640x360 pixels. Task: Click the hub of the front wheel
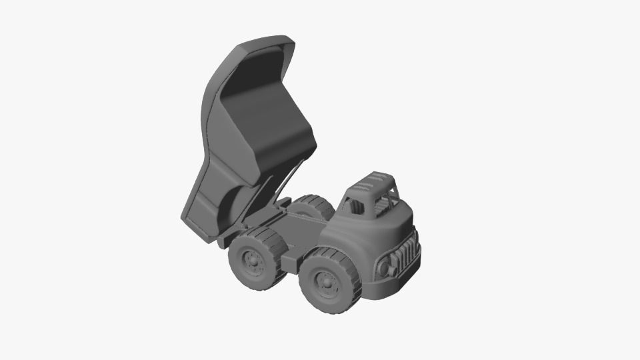pos(326,284)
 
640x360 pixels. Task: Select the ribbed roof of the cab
pos(375,181)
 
